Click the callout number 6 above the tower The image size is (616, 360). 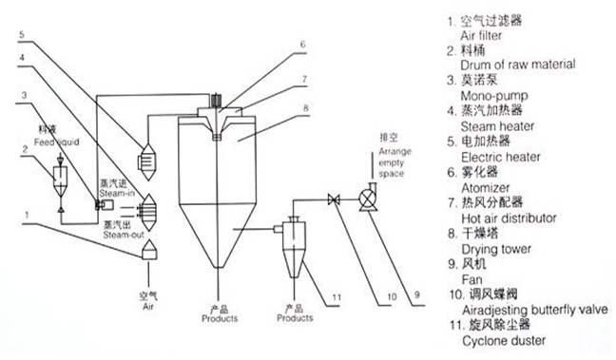coord(302,45)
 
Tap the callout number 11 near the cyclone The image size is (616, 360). coord(337,297)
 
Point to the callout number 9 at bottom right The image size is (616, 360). coord(416,294)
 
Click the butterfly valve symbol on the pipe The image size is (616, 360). coord(334,200)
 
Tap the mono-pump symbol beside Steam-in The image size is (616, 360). coord(104,204)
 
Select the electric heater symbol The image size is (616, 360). coord(147,161)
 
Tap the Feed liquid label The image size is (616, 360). coord(56,142)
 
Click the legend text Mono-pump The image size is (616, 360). coord(494,96)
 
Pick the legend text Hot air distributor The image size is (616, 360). coord(509,218)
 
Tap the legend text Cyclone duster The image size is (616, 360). coord(504,340)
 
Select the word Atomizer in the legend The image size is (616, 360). coord(485,188)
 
